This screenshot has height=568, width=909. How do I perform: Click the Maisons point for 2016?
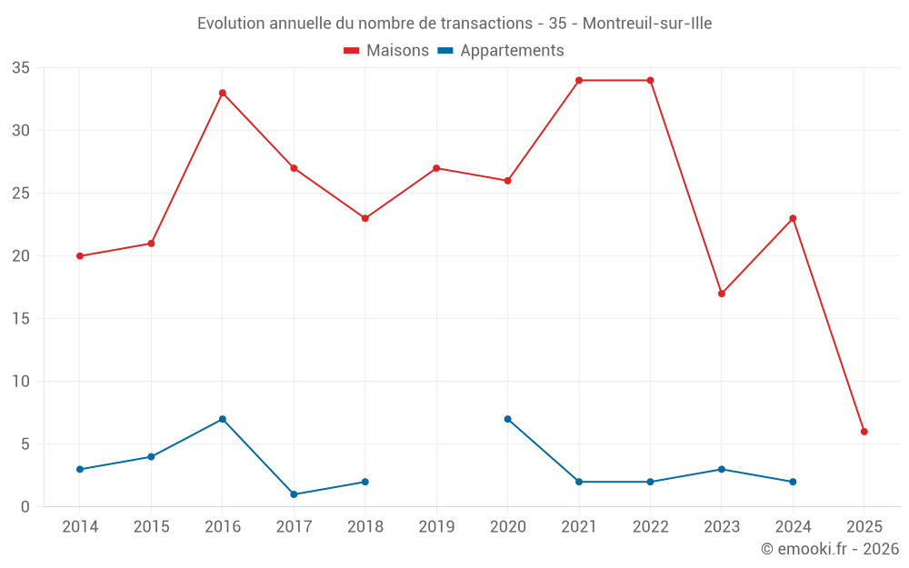pos(222,93)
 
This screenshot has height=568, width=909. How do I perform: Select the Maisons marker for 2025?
pos(864,432)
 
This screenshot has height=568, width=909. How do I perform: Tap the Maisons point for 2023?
pos(722,294)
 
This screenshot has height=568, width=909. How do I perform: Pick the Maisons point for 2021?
pos(579,80)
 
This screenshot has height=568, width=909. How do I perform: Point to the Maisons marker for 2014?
pos(80,256)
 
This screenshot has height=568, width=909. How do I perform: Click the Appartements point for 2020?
pos(507,419)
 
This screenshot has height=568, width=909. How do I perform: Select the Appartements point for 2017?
pos(294,494)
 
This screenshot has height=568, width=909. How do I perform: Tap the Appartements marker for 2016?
pos(222,419)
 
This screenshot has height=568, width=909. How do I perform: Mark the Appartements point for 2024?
pos(793,482)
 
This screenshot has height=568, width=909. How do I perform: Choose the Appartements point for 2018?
pos(365,482)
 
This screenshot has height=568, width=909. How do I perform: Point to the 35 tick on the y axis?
pos(21,68)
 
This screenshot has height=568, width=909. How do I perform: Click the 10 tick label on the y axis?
pos(21,382)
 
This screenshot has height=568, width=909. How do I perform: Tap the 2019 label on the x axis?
pos(436,527)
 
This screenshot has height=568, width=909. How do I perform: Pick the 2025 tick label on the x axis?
pos(864,527)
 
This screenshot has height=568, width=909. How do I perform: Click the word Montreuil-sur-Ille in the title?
pos(647,23)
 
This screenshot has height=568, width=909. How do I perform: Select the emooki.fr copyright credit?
pos(829,549)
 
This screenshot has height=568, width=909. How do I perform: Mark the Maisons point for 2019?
pos(436,168)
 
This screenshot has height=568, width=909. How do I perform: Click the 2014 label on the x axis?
pos(80,527)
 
